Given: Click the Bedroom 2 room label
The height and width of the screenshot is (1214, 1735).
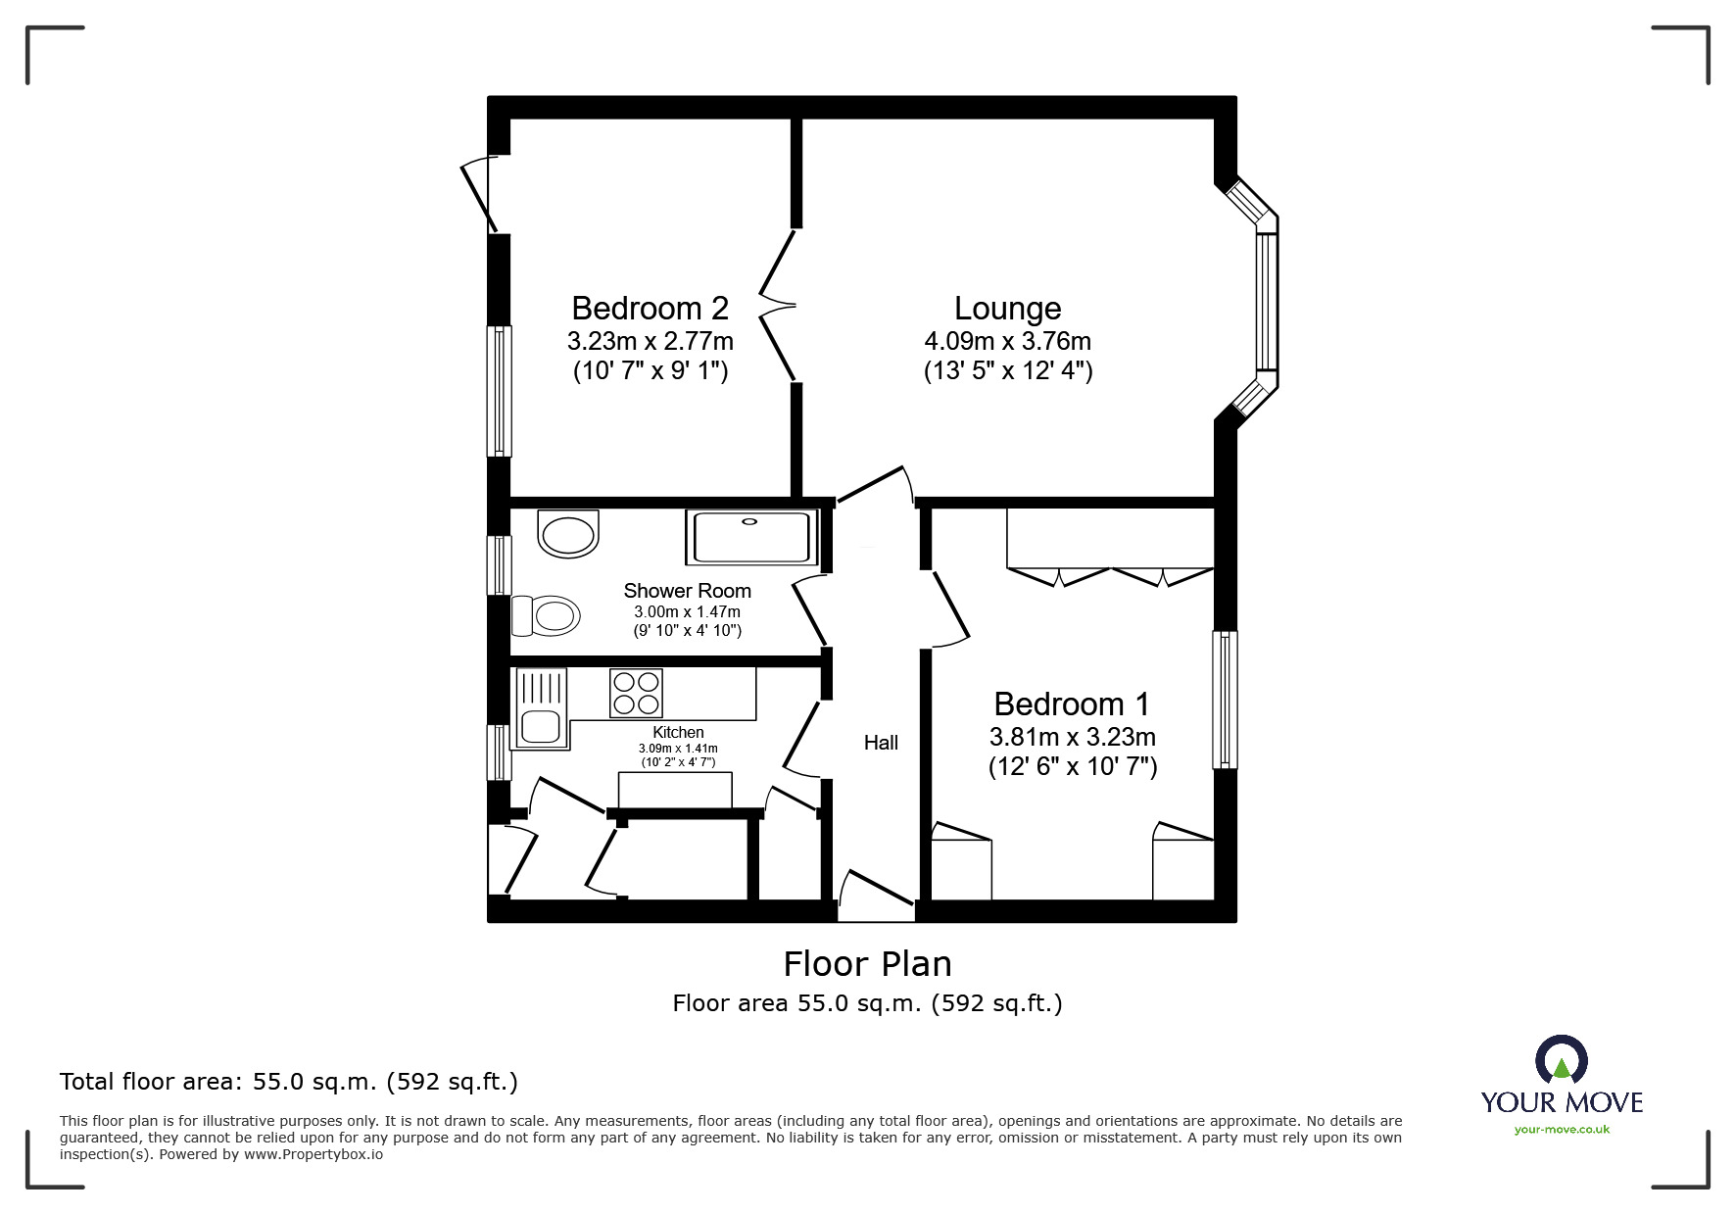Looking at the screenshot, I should [x=650, y=309].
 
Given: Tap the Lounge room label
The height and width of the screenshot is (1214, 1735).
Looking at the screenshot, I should [x=1007, y=309].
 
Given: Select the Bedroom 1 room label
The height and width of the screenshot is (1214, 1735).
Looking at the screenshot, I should [x=1072, y=704].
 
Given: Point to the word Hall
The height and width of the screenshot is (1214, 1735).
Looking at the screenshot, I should [x=881, y=743].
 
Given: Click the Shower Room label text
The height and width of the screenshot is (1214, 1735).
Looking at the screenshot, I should [x=687, y=591].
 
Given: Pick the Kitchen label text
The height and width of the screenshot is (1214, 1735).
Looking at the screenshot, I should [x=678, y=732].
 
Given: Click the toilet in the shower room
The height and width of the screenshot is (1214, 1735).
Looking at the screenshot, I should [x=548, y=616].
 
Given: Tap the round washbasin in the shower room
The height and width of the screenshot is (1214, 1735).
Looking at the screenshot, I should [x=568, y=535].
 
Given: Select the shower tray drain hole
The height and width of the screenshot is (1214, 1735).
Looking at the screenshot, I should [x=749, y=521].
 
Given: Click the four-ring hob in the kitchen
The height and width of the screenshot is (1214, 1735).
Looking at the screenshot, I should [x=636, y=693].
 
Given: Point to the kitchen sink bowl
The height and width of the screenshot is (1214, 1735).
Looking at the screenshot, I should [x=540, y=727].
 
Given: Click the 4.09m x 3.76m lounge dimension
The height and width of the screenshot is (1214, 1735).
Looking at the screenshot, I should [x=1007, y=341].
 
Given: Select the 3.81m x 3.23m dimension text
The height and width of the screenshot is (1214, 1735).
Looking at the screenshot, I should [x=1072, y=737].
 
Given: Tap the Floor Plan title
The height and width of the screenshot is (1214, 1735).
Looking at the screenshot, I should [x=867, y=964].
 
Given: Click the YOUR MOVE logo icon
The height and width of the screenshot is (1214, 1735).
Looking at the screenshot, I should [x=1561, y=1060].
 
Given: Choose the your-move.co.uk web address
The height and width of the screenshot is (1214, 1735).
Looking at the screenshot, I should [x=1562, y=1130].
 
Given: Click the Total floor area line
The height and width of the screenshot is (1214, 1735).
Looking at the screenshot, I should [x=289, y=1082].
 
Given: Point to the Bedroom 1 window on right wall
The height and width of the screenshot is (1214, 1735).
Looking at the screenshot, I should [x=1225, y=700].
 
